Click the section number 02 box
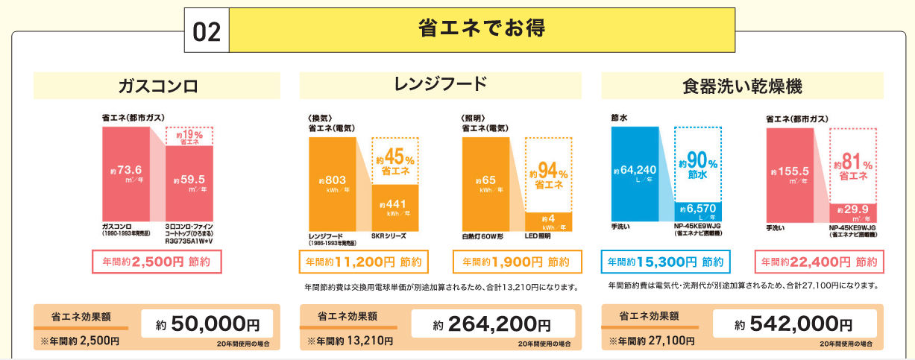click(206, 31)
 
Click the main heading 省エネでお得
click(482, 29)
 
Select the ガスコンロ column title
click(157, 86)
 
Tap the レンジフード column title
click(440, 84)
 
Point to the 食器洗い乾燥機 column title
click(742, 86)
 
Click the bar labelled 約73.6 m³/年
click(125, 173)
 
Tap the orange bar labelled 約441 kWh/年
click(395, 208)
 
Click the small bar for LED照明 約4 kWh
click(548, 222)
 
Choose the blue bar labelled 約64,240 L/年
click(635, 173)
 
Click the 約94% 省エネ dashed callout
click(549, 174)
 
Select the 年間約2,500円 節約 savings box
click(157, 262)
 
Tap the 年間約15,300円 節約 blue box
click(665, 262)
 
